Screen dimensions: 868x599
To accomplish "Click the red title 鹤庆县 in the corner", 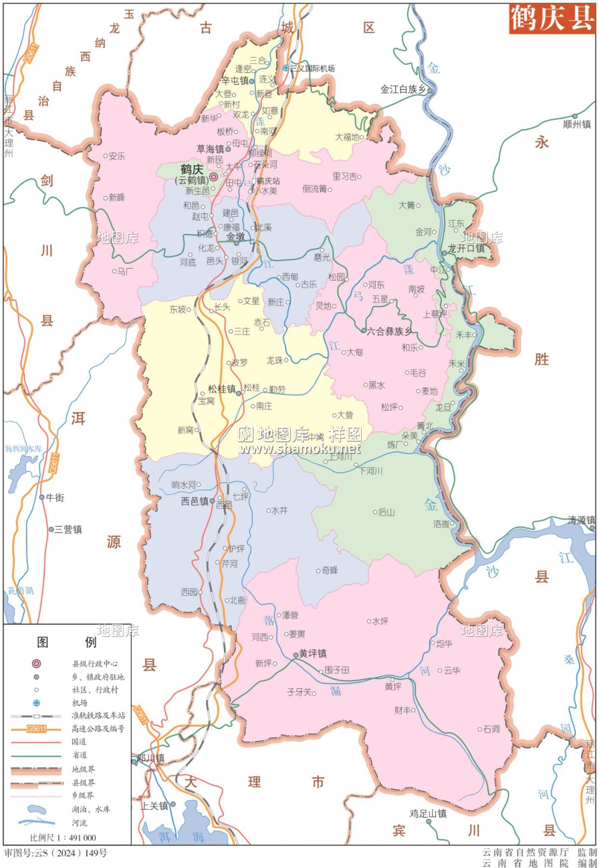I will click(x=552, y=19).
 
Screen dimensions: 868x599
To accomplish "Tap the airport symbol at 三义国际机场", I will click(x=286, y=68).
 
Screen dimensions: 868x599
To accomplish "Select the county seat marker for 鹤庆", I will click(x=214, y=176).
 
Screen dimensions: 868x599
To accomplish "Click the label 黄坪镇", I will click(x=313, y=654).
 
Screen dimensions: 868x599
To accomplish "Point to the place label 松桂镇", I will click(x=222, y=389).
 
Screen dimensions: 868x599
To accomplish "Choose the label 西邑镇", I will click(x=194, y=501).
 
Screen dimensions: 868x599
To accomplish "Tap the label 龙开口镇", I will click(x=466, y=248).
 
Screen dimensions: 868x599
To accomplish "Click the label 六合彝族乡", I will click(x=389, y=332).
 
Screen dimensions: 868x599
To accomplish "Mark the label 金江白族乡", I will click(x=403, y=89).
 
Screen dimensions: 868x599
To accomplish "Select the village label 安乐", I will click(x=116, y=156).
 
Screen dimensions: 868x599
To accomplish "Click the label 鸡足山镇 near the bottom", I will click(x=428, y=814).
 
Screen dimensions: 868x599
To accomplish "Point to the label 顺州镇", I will click(x=577, y=124).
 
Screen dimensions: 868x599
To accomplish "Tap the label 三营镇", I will click(x=68, y=529).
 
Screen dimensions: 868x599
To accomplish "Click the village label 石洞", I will click(x=491, y=729).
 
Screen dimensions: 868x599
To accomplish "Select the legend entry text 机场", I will click(x=79, y=703).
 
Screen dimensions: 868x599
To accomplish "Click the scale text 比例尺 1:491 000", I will click(x=63, y=837).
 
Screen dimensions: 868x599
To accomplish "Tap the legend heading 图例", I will click(x=67, y=642).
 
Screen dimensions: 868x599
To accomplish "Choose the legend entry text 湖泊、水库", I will click(x=90, y=809).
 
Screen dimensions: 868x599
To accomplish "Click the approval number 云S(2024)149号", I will click(x=56, y=853).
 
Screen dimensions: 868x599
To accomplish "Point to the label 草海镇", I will click(x=210, y=149).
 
